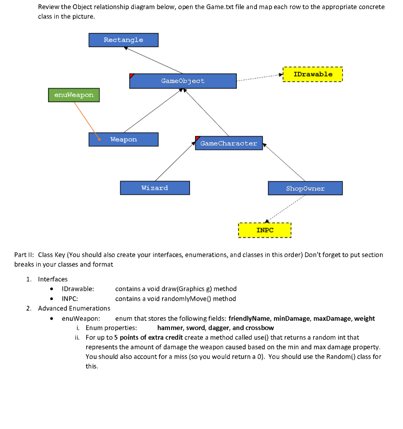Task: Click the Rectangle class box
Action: tap(123, 40)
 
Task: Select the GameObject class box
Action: tap(183, 81)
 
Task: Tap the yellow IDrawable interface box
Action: tap(313, 75)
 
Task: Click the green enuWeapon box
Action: tap(74, 95)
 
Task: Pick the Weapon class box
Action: tap(123, 140)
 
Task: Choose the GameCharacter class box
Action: tap(228, 143)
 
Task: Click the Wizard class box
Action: tap(155, 188)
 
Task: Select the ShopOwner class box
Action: tap(305, 189)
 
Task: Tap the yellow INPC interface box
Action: tap(264, 230)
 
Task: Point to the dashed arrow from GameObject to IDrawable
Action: tap(259, 78)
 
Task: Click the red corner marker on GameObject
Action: tap(132, 76)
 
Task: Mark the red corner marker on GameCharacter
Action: tap(198, 138)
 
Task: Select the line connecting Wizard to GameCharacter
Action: tap(174, 162)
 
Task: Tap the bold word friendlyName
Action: tap(249, 318)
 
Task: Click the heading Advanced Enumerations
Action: tap(74, 308)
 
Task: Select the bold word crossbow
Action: tap(259, 328)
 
